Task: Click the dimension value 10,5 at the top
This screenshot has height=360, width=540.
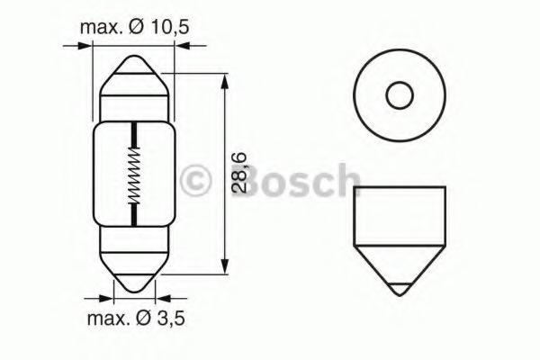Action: (170, 27)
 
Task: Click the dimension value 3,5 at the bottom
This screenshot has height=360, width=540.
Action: (170, 318)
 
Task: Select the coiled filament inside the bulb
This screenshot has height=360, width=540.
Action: (134, 175)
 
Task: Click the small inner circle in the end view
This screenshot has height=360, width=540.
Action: (400, 95)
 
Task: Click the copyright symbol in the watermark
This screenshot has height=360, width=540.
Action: (195, 182)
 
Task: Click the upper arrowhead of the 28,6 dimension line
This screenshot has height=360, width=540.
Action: (224, 81)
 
